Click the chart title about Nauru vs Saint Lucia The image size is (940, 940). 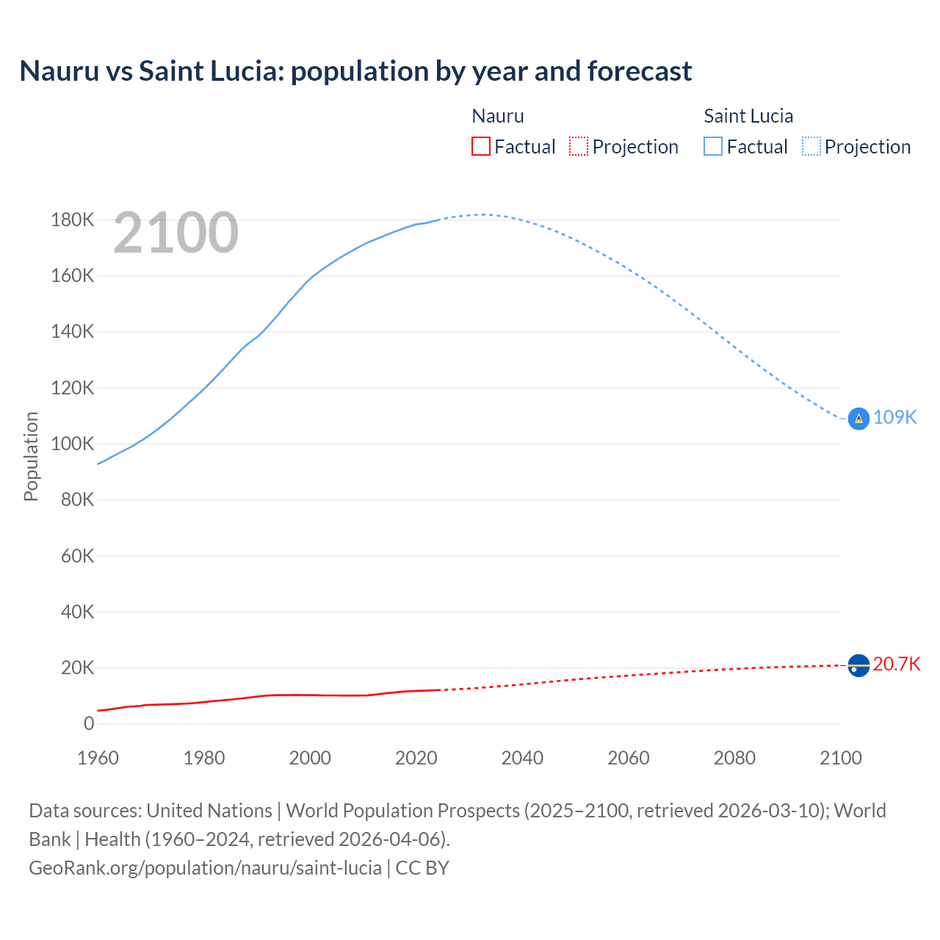tap(355, 71)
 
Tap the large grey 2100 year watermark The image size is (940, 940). tap(176, 233)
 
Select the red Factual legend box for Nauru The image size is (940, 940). tap(481, 146)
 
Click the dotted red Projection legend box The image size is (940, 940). tap(579, 146)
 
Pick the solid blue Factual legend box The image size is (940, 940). tap(713, 146)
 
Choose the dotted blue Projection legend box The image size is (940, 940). tap(811, 146)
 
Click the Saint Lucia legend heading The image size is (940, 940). tap(748, 116)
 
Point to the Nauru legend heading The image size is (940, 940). tap(498, 116)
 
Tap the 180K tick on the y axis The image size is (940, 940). tap(73, 220)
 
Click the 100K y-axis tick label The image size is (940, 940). tap(73, 444)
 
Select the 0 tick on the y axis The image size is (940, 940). tap(89, 723)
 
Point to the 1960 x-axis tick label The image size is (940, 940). tap(98, 758)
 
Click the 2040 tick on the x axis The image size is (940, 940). tap(522, 758)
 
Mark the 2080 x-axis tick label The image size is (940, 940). tap(734, 758)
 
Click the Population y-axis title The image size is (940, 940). tap(31, 456)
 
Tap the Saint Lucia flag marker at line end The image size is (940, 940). tap(858, 418)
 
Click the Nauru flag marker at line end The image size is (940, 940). tap(858, 665)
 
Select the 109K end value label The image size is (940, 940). tap(895, 417)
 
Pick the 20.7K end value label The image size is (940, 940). tap(897, 664)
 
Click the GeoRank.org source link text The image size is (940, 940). tap(205, 867)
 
